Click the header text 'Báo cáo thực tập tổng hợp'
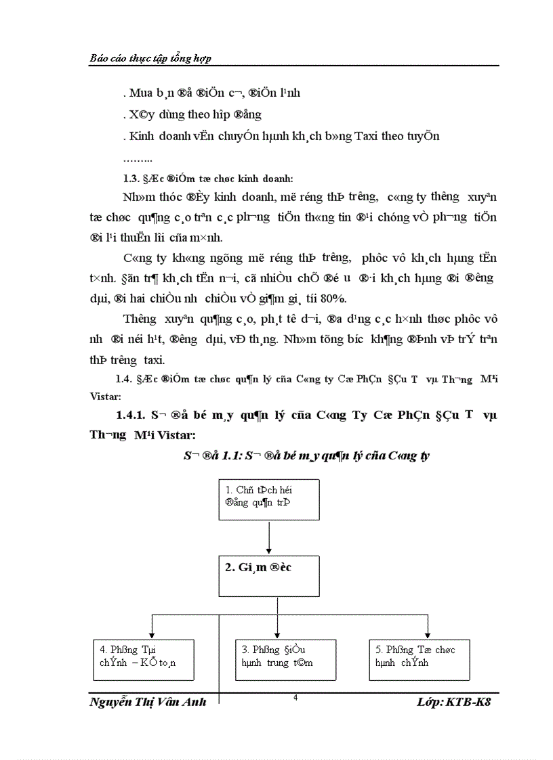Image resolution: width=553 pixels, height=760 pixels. [x=150, y=59]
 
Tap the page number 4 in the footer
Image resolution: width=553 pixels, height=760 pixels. [x=295, y=698]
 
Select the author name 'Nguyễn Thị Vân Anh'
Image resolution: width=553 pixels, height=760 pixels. [x=148, y=703]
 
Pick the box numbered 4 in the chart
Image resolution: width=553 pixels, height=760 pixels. [x=142, y=658]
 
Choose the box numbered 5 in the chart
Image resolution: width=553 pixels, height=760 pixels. [x=419, y=658]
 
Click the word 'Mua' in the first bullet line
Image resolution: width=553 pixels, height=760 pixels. [x=140, y=93]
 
